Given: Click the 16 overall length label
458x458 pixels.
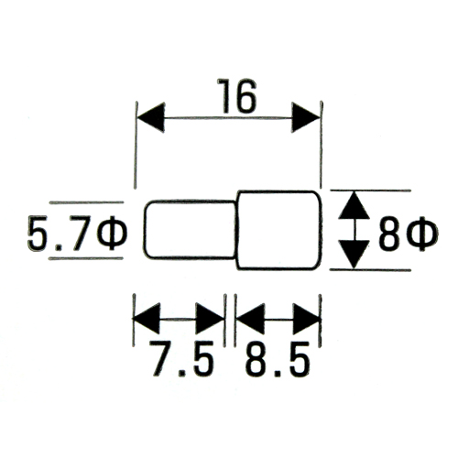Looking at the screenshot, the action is (236, 96).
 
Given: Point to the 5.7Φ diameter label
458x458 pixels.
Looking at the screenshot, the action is (76, 233).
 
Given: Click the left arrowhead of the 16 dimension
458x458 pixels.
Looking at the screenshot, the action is (151, 117).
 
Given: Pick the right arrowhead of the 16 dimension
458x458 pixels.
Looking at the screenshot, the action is (305, 117).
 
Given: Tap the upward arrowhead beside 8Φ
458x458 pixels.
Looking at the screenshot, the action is (354, 205).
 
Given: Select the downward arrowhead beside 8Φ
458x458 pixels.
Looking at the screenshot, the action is (354, 255).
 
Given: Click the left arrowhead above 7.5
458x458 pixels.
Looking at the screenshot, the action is (147, 319).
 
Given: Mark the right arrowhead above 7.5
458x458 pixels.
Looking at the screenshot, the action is (210, 319).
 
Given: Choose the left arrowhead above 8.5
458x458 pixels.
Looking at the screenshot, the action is (250, 319).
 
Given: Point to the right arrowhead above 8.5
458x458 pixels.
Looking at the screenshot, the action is (307, 319).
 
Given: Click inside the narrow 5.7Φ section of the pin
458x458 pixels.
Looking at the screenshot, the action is (190, 230).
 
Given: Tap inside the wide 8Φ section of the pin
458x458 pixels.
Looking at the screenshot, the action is (279, 230).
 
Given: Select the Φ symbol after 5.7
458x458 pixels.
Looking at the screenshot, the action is (112, 233).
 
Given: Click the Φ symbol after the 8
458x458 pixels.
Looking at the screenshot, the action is (423, 234).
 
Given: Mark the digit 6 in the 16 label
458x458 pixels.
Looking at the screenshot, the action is (245, 96).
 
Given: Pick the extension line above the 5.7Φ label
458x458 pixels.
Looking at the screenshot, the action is (86, 202).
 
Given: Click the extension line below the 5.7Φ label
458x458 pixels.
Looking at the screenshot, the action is (86, 258).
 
